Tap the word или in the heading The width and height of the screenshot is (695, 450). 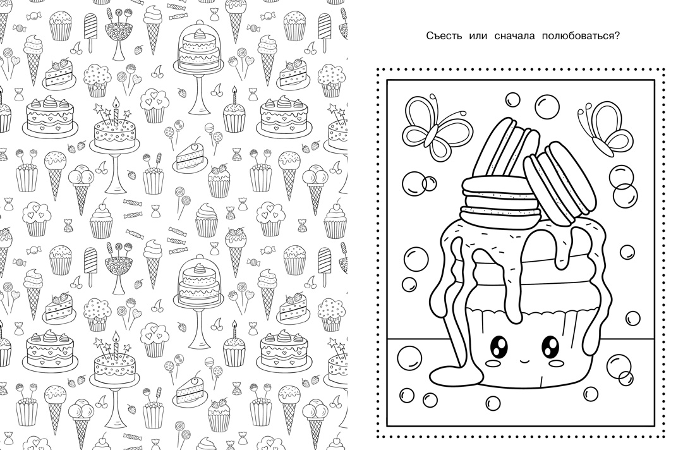coord(478,37)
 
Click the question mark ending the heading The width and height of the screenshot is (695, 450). coord(617,35)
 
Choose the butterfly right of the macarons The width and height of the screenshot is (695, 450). coord(603,127)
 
